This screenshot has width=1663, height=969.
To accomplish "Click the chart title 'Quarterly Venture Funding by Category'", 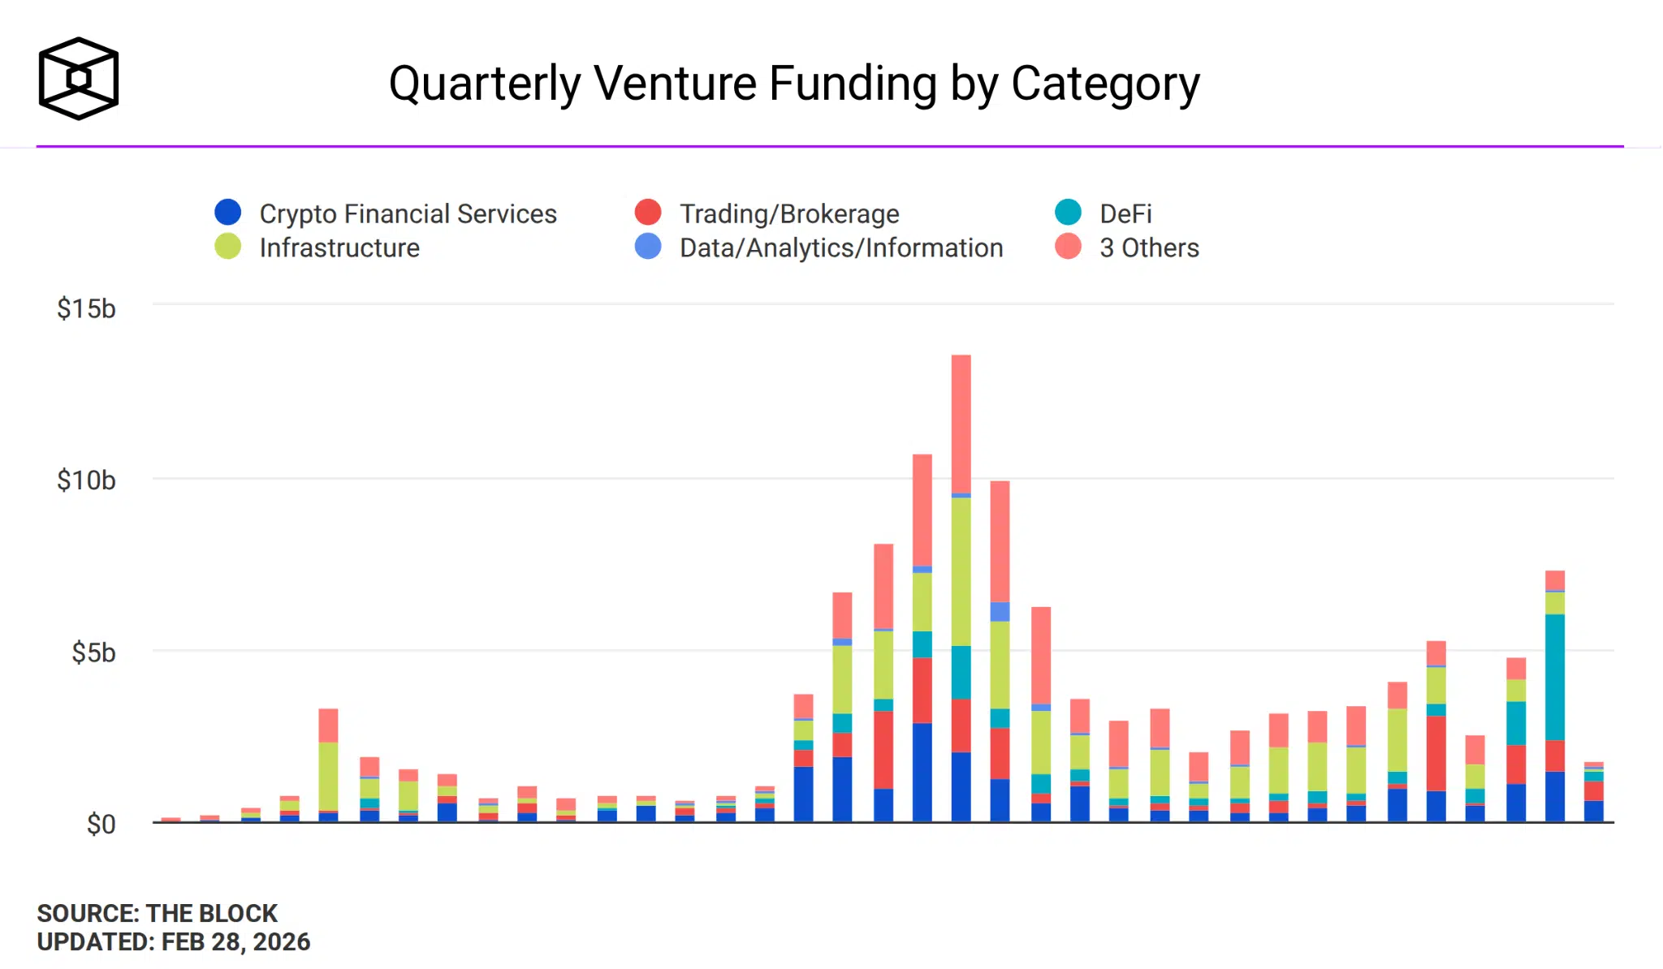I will pyautogui.click(x=793, y=84).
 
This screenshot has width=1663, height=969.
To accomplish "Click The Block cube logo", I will pyautogui.click(x=79, y=79).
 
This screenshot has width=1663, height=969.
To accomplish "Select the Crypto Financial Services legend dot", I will pyautogui.click(x=228, y=213).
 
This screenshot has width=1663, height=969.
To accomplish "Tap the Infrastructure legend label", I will pyautogui.click(x=339, y=248).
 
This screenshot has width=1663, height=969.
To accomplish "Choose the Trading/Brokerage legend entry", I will pyautogui.click(x=788, y=213).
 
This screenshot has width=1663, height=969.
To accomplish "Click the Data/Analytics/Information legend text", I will pyautogui.click(x=841, y=248).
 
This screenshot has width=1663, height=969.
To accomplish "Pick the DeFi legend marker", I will pyautogui.click(x=1068, y=213).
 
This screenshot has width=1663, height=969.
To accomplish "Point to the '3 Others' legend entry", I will pyautogui.click(x=1148, y=248).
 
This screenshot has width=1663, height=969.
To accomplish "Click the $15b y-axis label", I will pyautogui.click(x=86, y=309).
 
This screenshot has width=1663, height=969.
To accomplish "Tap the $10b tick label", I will pyautogui.click(x=86, y=480).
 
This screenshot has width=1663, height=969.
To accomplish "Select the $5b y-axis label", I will pyautogui.click(x=93, y=652).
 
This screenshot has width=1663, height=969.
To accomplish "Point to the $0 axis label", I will pyautogui.click(x=101, y=825).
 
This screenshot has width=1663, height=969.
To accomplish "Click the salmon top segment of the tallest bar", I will pyautogui.click(x=961, y=422).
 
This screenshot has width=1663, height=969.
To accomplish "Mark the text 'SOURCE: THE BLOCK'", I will pyautogui.click(x=157, y=913).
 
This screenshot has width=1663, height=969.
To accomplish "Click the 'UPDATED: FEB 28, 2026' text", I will pyautogui.click(x=173, y=941).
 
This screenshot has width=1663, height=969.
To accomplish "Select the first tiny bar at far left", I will pyautogui.click(x=171, y=820).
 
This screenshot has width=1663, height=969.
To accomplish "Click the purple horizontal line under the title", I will pyautogui.click(x=828, y=146).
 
